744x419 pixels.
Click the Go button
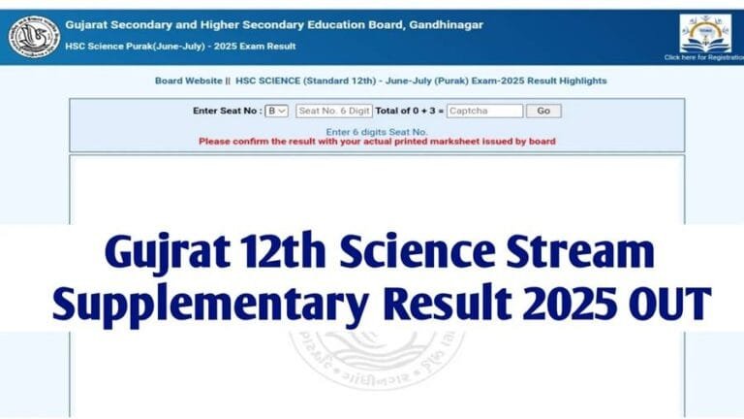tap(544, 112)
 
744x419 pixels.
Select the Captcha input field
tap(484, 112)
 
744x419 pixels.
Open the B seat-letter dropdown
tap(277, 112)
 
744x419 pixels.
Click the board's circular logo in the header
tap(33, 35)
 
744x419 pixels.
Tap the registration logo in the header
tap(704, 33)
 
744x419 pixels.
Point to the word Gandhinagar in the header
tap(442, 24)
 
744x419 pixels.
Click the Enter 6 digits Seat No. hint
tap(377, 131)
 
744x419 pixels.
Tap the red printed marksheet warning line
tap(377, 142)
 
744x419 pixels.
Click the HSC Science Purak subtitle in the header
tap(180, 47)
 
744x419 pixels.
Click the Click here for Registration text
tap(704, 57)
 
